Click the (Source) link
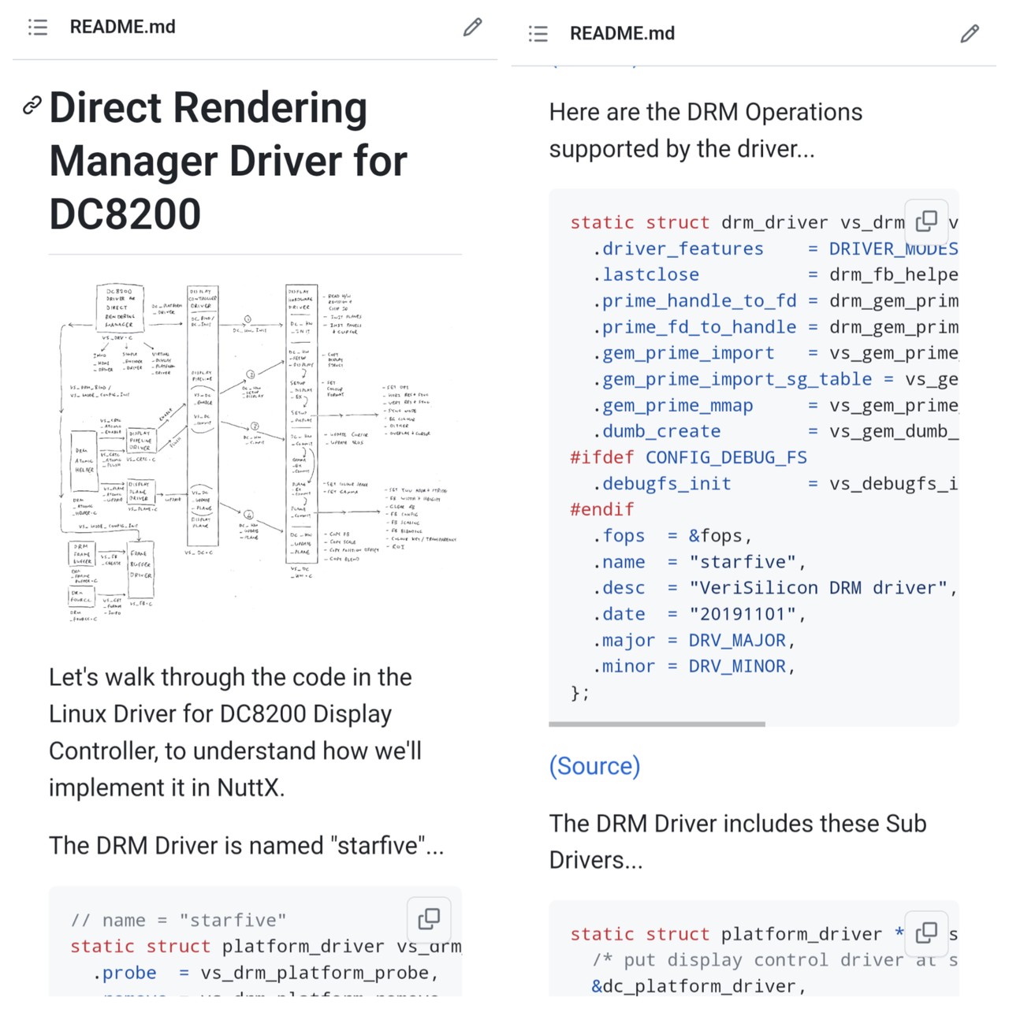(594, 766)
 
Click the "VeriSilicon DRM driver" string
(817, 588)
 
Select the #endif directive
(601, 510)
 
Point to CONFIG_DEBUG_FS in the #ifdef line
(726, 458)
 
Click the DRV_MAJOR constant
(737, 640)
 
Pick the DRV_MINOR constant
(737, 666)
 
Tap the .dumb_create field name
(657, 431)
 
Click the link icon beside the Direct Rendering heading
(32, 105)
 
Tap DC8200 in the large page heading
(125, 214)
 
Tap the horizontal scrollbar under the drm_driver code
(657, 724)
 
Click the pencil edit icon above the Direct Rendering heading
(472, 28)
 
